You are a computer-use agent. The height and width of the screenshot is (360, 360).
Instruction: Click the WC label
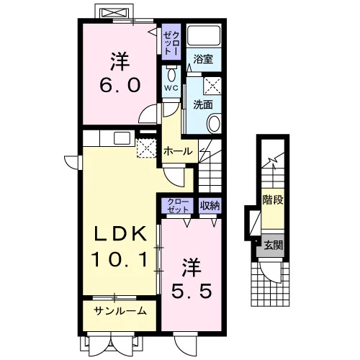[171, 88]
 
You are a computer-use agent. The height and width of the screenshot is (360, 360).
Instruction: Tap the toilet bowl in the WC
[171, 75]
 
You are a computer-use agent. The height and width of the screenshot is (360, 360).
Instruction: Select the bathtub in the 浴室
[204, 35]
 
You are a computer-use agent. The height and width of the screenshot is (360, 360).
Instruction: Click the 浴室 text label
[203, 59]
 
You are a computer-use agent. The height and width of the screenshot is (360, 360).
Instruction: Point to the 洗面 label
[203, 104]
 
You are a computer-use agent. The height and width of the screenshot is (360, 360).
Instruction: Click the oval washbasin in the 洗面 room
[214, 124]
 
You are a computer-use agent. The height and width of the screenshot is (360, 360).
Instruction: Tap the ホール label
[178, 151]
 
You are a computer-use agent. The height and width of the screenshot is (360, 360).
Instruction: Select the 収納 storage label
[210, 206]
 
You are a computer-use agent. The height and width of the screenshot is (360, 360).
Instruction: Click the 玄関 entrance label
[273, 246]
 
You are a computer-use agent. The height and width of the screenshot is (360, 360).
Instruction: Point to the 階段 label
[273, 199]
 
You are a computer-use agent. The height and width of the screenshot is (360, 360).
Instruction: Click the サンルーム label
[120, 311]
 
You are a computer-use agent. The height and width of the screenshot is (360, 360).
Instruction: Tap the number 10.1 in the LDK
[120, 259]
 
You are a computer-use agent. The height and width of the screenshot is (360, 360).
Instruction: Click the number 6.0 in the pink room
[120, 86]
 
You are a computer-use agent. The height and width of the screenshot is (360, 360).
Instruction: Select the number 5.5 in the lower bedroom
[192, 290]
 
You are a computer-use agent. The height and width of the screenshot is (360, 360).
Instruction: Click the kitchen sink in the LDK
[122, 138]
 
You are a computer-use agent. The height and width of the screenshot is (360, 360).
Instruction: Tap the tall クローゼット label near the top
[171, 42]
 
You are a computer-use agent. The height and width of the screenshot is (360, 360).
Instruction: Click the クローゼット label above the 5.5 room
[178, 206]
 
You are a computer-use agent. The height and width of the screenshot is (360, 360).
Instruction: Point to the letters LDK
[120, 234]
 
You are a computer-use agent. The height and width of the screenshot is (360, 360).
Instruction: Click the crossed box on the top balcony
[114, 12]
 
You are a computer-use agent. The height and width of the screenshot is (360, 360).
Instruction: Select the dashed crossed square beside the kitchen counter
[146, 148]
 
